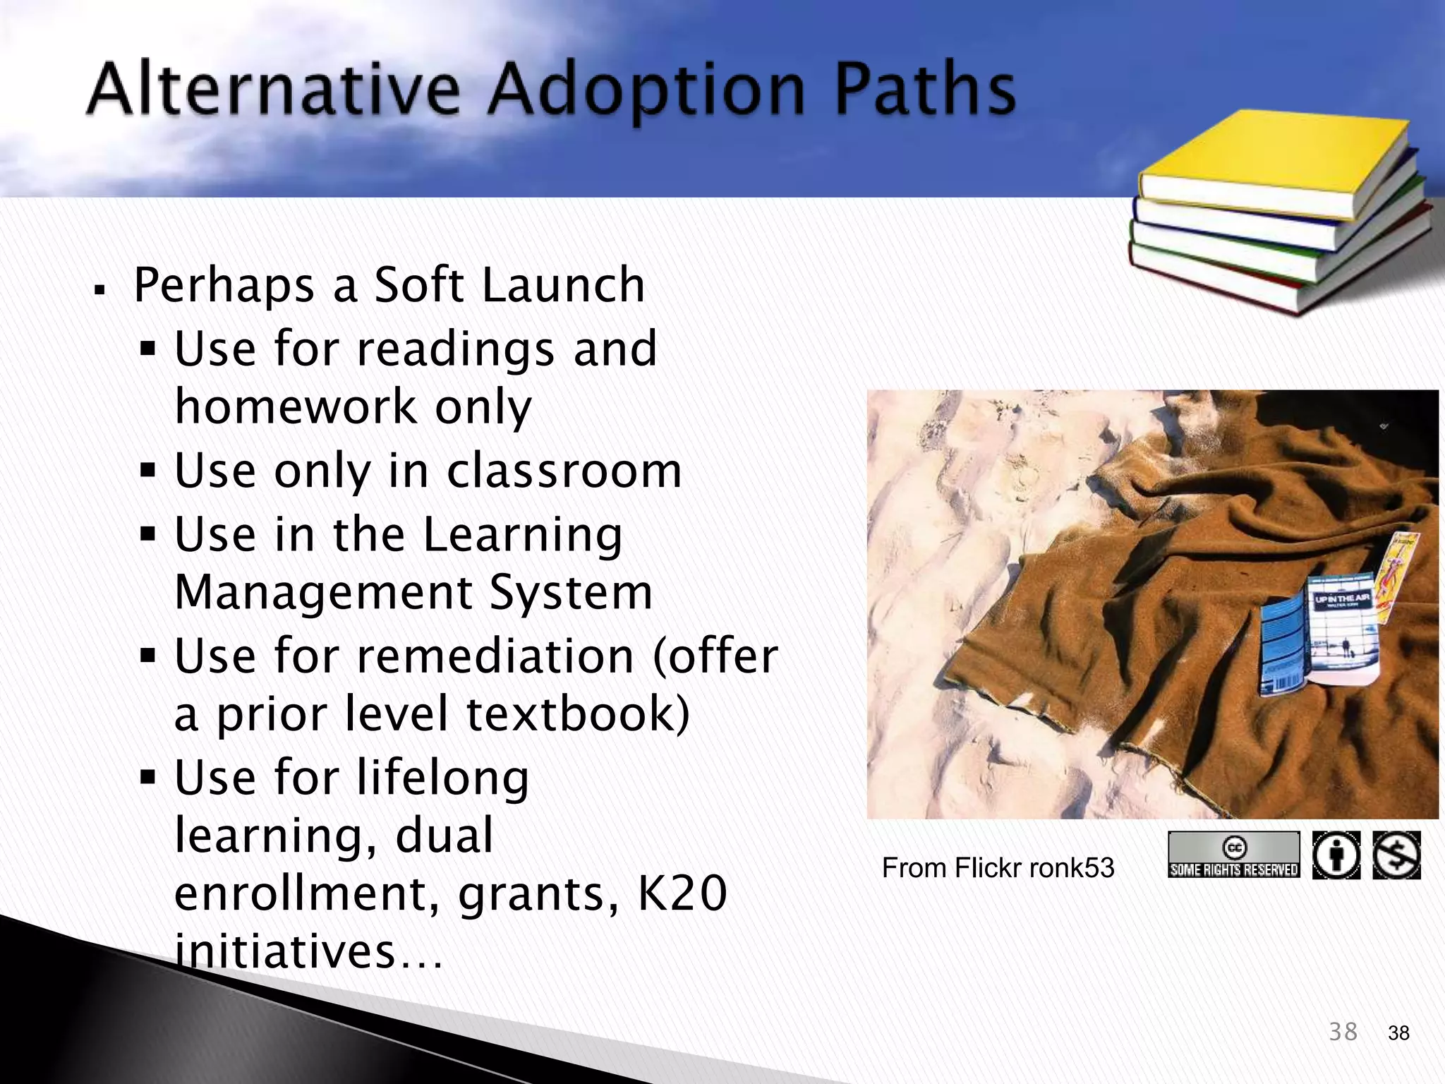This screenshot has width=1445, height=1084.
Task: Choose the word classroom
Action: tap(564, 471)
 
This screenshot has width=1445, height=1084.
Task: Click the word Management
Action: tap(322, 593)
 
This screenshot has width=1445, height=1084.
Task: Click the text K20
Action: tap(682, 893)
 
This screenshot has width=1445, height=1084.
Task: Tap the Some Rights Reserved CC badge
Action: tap(1233, 855)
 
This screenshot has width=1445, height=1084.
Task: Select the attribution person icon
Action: tap(1336, 855)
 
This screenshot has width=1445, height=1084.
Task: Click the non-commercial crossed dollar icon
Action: tap(1396, 855)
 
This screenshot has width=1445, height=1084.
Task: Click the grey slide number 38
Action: tap(1343, 1032)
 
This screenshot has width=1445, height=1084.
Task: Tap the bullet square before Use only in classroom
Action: tap(147, 470)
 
